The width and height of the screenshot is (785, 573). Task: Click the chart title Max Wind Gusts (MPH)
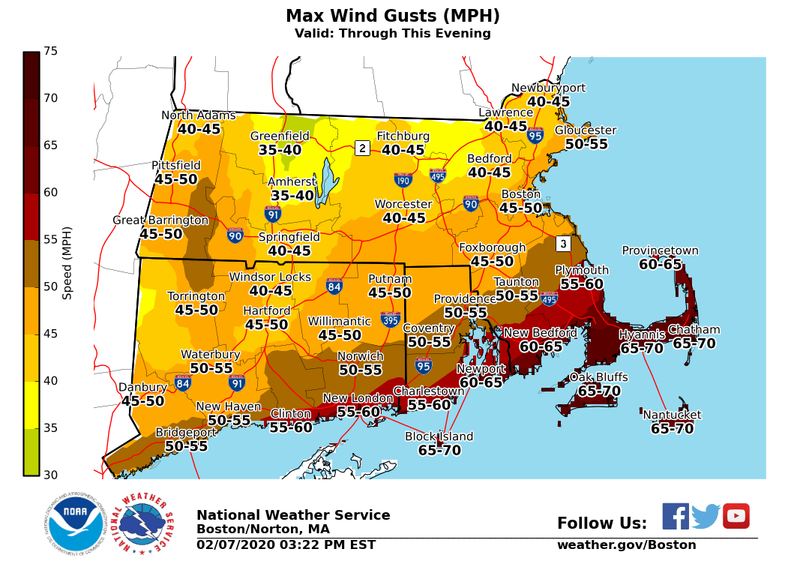click(392, 16)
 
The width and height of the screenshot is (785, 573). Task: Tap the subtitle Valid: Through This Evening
click(392, 34)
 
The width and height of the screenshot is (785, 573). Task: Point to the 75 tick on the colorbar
click(50, 51)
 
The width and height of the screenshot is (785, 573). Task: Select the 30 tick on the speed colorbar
click(50, 475)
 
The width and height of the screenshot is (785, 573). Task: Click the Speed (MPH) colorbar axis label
click(67, 262)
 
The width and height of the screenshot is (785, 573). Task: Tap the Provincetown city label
click(660, 250)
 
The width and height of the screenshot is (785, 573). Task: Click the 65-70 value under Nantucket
click(672, 429)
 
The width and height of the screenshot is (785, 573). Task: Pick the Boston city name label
click(520, 194)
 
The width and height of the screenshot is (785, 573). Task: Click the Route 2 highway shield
click(362, 148)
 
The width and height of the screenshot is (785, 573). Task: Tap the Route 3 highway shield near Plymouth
click(563, 244)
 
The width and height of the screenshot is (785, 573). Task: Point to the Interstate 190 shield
click(403, 180)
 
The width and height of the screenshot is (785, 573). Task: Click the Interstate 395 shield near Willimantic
click(390, 319)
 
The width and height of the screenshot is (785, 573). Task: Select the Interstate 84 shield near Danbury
click(182, 382)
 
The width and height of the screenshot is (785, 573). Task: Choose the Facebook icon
click(675, 516)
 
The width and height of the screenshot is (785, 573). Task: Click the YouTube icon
click(736, 516)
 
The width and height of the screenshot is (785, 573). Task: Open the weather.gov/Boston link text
click(626, 545)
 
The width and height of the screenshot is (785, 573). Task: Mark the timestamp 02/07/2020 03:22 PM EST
click(286, 545)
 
